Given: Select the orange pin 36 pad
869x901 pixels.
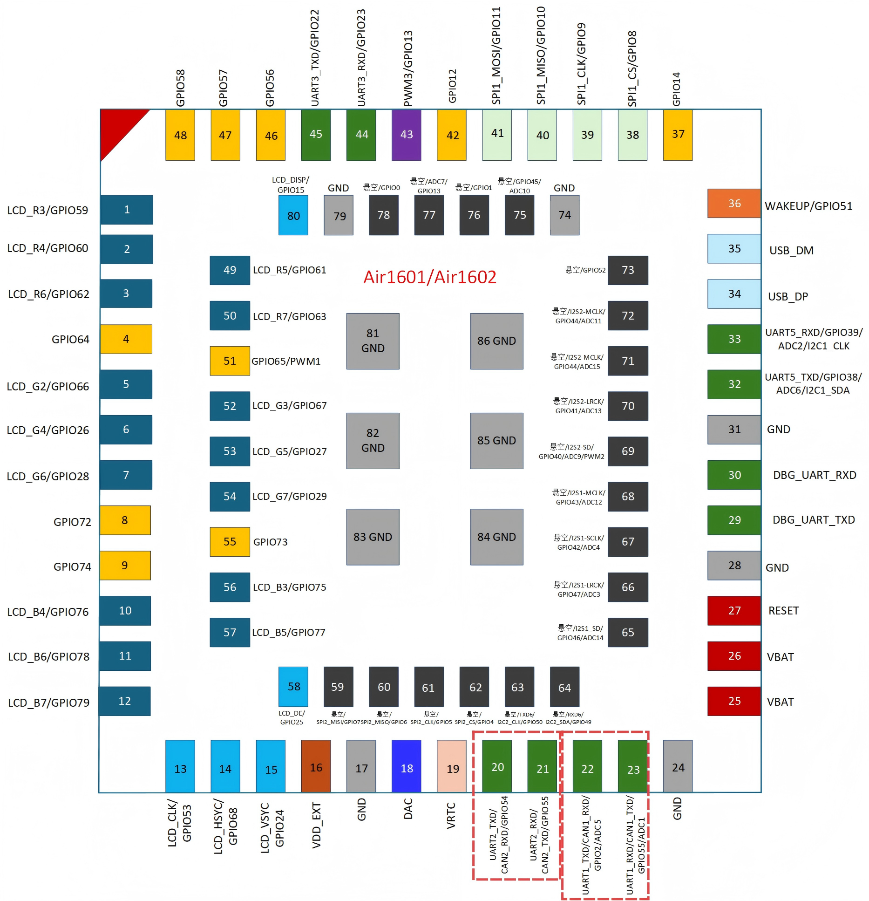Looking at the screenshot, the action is coord(734,203).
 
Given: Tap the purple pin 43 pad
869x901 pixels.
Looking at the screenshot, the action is coord(406,135).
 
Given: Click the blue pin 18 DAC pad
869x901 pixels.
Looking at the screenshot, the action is coord(406,766).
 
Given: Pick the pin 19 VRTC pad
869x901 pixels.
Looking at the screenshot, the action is coord(451,766).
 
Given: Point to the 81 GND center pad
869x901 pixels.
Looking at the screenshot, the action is coord(373,341).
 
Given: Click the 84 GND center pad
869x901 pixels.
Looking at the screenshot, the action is coord(496,537).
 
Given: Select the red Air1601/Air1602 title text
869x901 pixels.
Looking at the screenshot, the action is coord(429,277).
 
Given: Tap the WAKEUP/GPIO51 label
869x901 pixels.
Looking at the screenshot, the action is coord(808,206).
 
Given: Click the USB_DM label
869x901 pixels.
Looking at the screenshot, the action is coord(791,251).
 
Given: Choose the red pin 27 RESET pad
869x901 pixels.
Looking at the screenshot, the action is coord(734,610).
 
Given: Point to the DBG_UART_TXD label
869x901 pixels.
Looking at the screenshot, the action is coord(814,520).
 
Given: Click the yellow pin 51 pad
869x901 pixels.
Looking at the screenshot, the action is coord(230,361).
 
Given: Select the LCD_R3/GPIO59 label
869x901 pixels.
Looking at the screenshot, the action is coord(48,211).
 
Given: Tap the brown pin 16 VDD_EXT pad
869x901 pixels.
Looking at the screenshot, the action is coord(316,766).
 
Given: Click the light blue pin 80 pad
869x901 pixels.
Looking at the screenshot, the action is coord(293,215).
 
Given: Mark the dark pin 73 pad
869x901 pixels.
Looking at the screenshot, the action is coord(628,270).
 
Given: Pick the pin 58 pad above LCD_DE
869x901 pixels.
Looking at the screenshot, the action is coord(293,687).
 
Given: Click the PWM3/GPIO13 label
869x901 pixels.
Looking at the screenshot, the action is coord(408,68).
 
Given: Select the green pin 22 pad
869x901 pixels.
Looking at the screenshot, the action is coord(587,766).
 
